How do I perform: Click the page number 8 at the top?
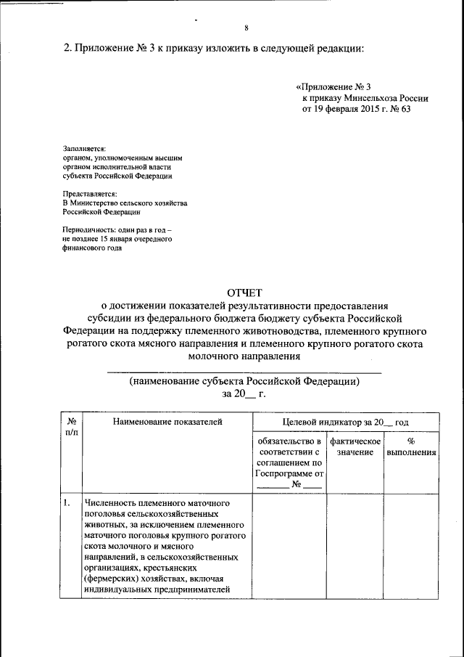[x=246, y=28]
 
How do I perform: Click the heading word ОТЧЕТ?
[x=244, y=292]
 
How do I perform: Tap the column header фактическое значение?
[x=355, y=446]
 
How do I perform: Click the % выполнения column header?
[x=411, y=446]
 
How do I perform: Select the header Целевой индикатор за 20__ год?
[x=345, y=421]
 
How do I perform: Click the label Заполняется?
[x=84, y=147]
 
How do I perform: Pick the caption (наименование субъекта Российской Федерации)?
[x=244, y=380]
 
